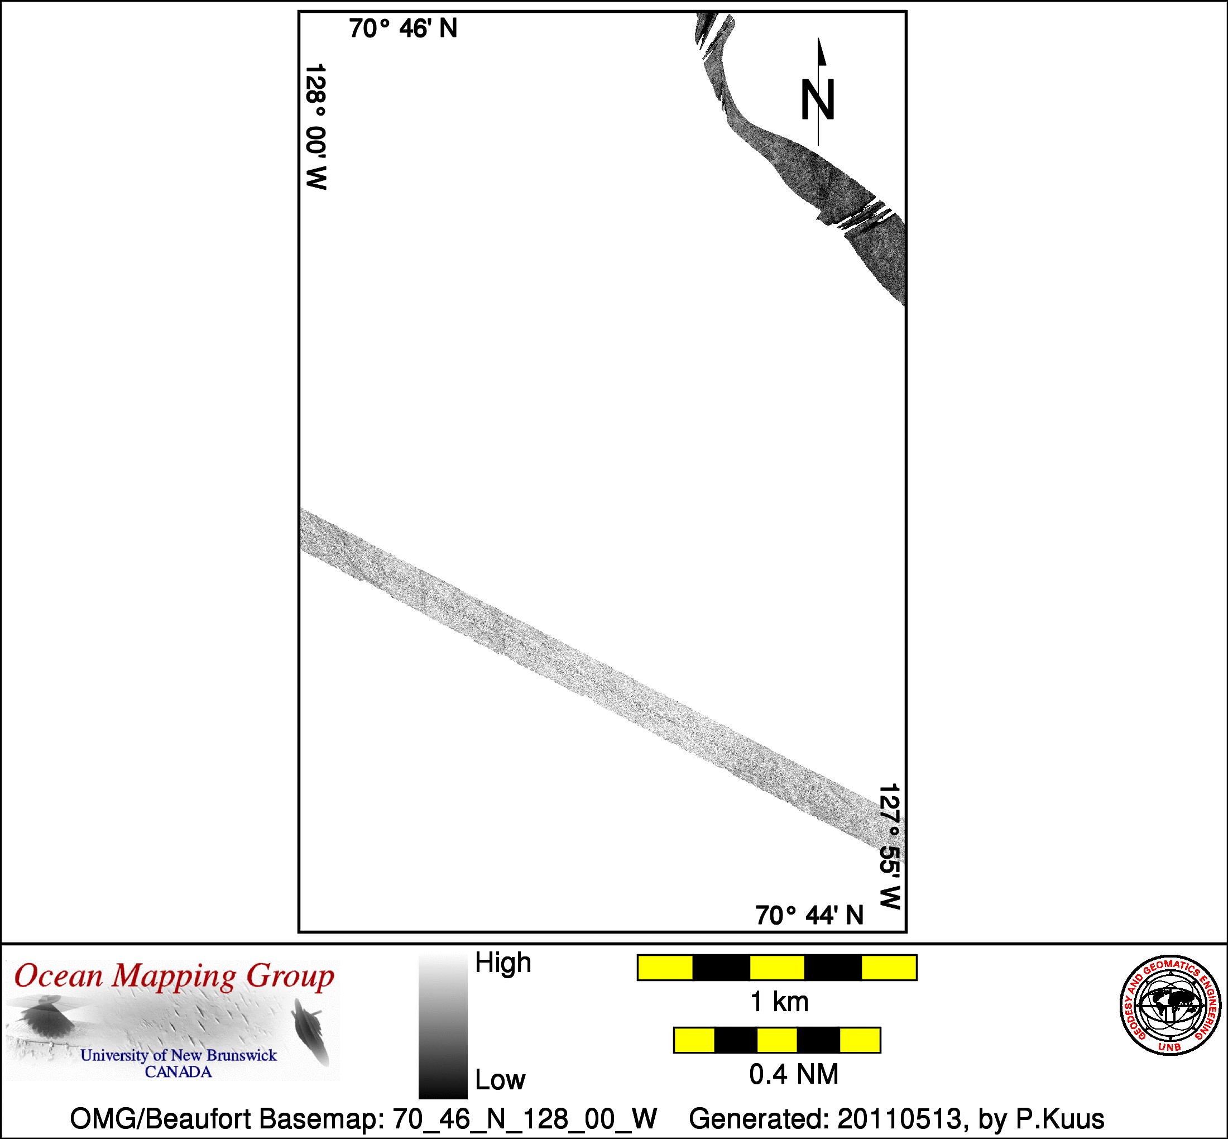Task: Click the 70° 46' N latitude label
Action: [403, 28]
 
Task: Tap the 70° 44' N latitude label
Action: [809, 916]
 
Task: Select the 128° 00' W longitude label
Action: [316, 126]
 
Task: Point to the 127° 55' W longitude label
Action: [890, 847]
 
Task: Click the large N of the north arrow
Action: [818, 99]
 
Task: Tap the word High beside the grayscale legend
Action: [503, 963]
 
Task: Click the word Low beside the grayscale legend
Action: [500, 1080]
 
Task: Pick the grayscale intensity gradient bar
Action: [443, 1026]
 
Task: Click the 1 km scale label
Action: [779, 1002]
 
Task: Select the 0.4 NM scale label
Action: [794, 1074]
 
